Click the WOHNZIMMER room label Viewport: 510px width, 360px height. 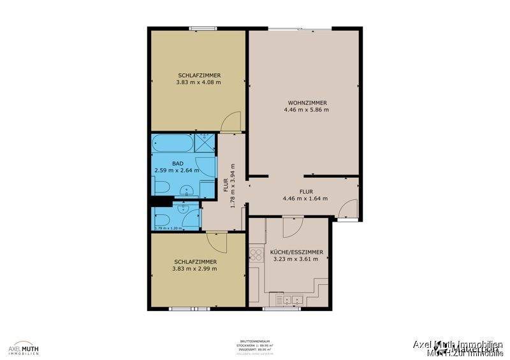(307, 103)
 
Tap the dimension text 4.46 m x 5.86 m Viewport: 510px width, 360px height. (307, 110)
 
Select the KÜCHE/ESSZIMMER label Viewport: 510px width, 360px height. (298, 252)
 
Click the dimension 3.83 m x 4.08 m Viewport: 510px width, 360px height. (198, 82)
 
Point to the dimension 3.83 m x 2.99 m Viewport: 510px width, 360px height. (194, 269)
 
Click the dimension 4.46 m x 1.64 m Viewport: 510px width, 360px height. (305, 198)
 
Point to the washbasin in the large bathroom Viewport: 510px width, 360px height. (185, 189)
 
